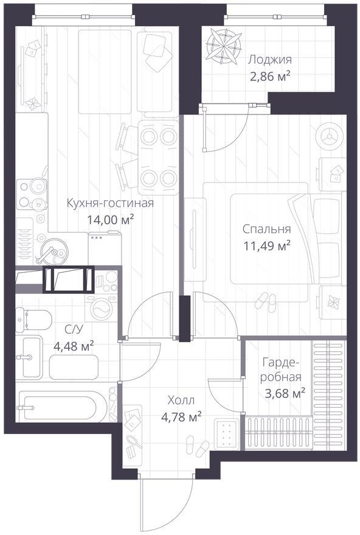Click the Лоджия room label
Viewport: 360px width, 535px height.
pyautogui.click(x=269, y=60)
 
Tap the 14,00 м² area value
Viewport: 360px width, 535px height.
pyautogui.click(x=110, y=219)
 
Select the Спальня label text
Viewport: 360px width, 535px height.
pyautogui.click(x=267, y=229)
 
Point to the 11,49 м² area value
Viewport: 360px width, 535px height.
pyautogui.click(x=267, y=245)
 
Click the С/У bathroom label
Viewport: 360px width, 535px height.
pyautogui.click(x=74, y=330)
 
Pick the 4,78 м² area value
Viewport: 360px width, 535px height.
pyautogui.click(x=181, y=416)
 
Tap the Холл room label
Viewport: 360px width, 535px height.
pyautogui.click(x=181, y=400)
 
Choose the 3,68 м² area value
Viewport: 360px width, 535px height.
pyautogui.click(x=285, y=394)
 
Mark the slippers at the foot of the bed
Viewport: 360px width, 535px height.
pyautogui.click(x=266, y=302)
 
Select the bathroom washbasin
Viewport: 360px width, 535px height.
pyautogui.click(x=29, y=357)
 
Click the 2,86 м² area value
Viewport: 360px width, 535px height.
pyautogui.click(x=270, y=76)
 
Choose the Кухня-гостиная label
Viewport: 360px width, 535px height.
pyautogui.click(x=110, y=203)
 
